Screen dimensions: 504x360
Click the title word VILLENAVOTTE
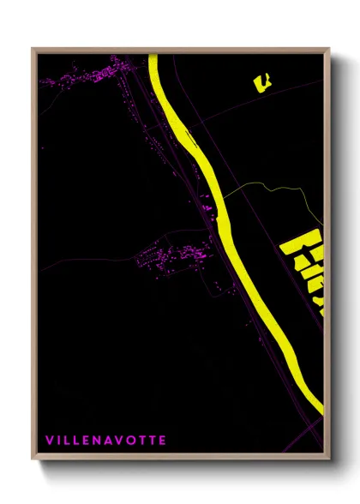[105, 441]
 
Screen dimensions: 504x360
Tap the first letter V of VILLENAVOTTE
[48, 441]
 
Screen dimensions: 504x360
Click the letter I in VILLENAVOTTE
[58, 441]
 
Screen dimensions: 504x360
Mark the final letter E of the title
[163, 441]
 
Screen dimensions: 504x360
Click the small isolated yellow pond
[261, 81]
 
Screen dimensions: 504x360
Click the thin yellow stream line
[266, 187]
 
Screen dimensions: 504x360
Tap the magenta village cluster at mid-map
[176, 255]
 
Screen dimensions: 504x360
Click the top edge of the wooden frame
[180, 50]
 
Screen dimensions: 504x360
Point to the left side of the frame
[33, 257]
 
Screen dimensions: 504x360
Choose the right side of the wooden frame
[327, 257]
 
